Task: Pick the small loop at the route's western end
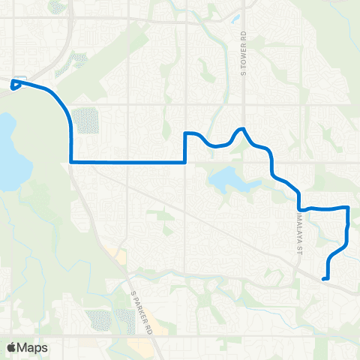tap(16, 84)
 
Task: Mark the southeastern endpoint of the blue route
tap(324, 279)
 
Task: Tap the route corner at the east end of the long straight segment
tap(185, 161)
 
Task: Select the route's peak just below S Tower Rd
tap(241, 129)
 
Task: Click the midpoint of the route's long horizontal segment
tap(127, 161)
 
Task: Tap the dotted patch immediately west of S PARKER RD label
tap(100, 319)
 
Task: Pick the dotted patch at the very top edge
tap(57, 6)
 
